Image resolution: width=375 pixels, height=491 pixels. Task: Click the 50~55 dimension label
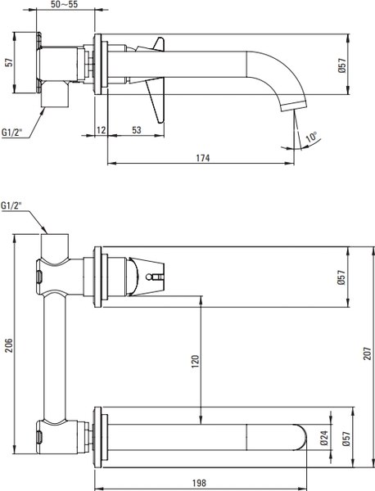coord(64,4)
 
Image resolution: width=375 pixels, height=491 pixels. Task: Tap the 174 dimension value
coord(203,158)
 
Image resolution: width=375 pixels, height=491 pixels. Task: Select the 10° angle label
coord(311,137)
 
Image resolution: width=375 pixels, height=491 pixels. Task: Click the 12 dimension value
coord(102,130)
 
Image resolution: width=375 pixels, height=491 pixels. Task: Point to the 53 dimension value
coord(137,130)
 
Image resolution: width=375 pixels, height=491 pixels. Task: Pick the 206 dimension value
coord(8,345)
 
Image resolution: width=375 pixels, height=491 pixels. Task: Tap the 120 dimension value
coord(195,361)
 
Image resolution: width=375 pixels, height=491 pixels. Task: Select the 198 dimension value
coord(199,483)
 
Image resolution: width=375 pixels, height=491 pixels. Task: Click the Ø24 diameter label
coord(324,438)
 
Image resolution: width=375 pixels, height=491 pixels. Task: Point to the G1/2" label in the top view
coord(12,132)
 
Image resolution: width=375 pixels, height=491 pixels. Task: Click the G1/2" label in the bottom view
coord(12,205)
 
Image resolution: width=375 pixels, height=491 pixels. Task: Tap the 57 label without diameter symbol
coord(10,62)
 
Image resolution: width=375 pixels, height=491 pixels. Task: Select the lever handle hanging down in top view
coord(155,100)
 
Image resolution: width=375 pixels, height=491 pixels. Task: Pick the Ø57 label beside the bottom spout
coord(346,438)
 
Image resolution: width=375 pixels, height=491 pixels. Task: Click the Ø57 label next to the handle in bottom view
coord(341,277)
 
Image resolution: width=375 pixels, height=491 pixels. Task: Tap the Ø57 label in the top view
coord(341,65)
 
